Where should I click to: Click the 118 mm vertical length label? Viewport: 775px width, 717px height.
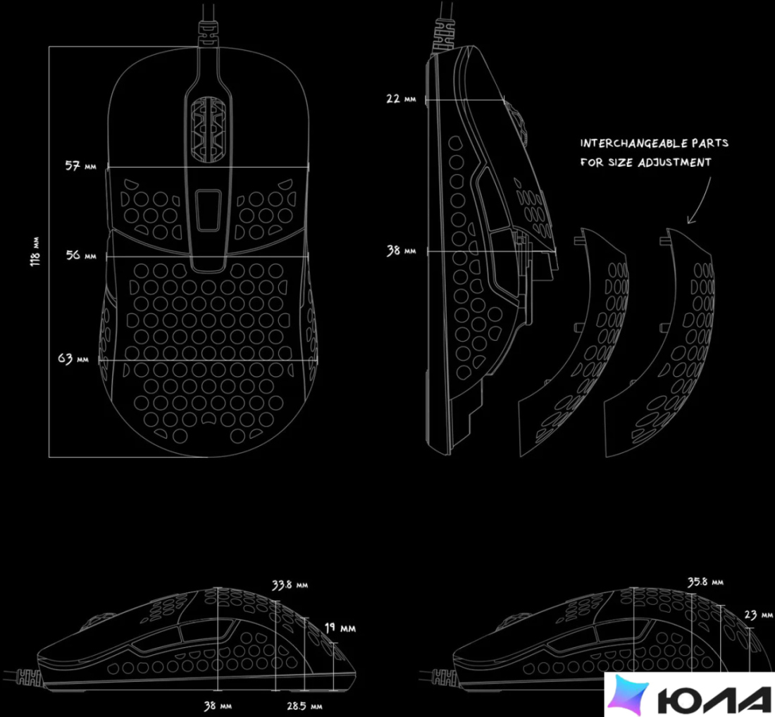tap(35, 252)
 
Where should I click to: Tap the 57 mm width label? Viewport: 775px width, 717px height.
tap(80, 166)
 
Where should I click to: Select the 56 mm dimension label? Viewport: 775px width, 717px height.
tap(81, 255)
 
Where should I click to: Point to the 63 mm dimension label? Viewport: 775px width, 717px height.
tap(73, 358)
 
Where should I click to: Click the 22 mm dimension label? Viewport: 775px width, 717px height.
tap(401, 99)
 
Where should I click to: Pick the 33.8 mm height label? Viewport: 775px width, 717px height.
tap(290, 585)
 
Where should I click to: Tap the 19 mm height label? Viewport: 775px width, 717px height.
tap(340, 628)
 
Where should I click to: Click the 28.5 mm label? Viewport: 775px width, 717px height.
tap(304, 706)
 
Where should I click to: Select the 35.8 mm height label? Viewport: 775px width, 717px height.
tap(705, 582)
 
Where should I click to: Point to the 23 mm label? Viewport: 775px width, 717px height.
tap(758, 615)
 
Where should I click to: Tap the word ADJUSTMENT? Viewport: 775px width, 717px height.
tap(674, 163)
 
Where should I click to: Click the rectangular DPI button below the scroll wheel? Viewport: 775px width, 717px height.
tap(208, 211)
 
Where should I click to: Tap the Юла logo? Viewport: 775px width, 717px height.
tap(690, 694)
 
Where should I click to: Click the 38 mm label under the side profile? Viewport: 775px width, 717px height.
tap(218, 706)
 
